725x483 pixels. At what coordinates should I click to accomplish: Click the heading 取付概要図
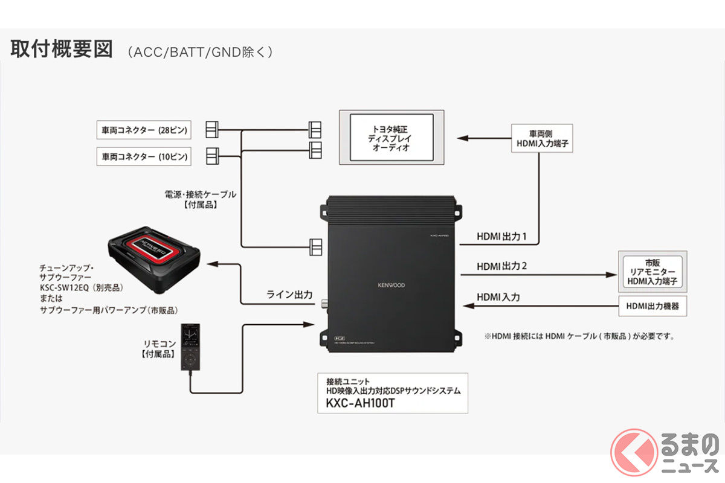point(61,50)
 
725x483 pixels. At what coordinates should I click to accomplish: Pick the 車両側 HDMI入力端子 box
point(541,138)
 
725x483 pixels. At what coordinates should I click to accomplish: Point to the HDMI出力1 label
point(501,237)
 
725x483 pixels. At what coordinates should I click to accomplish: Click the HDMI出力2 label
point(501,266)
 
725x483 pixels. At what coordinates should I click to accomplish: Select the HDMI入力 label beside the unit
point(498,297)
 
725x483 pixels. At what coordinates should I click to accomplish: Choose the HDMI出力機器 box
point(653,306)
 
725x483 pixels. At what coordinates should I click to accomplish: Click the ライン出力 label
point(289,295)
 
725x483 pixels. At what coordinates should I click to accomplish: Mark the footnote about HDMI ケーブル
point(579,336)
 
